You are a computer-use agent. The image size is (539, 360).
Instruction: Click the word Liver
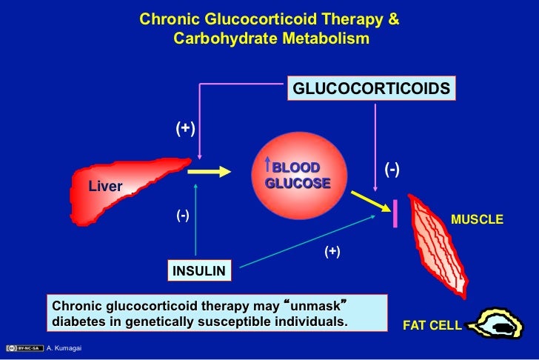(105, 186)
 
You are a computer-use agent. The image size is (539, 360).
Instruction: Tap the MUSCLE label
(477, 219)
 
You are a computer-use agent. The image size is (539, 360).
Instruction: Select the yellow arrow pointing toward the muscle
(366, 200)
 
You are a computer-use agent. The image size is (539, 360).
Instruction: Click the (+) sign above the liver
(184, 129)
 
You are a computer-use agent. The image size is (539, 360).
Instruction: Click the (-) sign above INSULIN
(183, 216)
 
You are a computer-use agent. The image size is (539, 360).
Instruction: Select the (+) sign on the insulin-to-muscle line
(332, 252)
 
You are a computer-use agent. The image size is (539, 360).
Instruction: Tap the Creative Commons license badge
(22, 348)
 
